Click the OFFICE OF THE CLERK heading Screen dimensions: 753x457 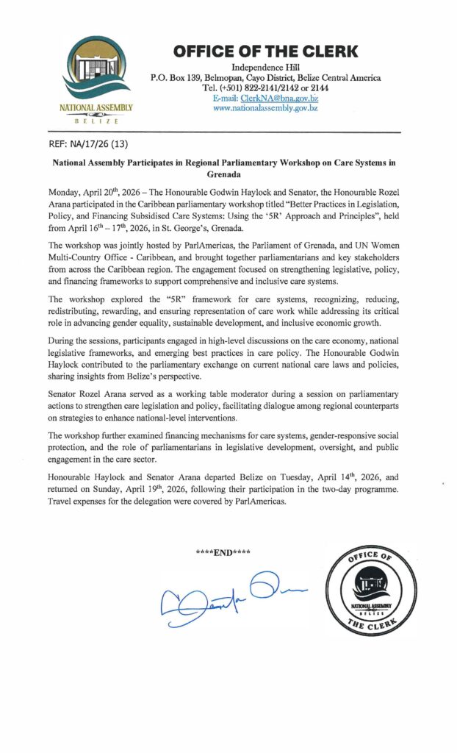point(265,51)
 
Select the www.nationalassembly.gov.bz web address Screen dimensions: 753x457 point(265,107)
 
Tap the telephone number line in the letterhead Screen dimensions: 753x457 point(265,88)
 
